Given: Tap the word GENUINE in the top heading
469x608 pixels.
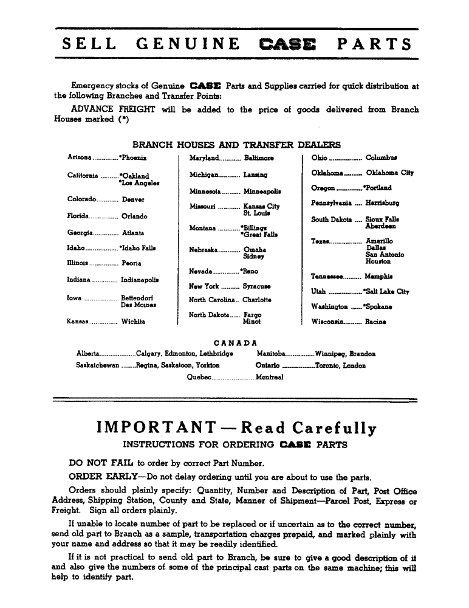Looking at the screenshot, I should [188, 44].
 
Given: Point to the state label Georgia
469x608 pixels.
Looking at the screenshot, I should [81, 233].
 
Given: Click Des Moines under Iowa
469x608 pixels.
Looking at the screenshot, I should [136, 305].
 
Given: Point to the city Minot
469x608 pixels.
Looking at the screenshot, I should [252, 322].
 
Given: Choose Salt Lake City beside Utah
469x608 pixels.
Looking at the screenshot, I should [386, 292].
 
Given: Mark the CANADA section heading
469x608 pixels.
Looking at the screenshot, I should [236, 342].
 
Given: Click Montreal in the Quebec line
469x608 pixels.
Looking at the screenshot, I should [270, 378].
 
